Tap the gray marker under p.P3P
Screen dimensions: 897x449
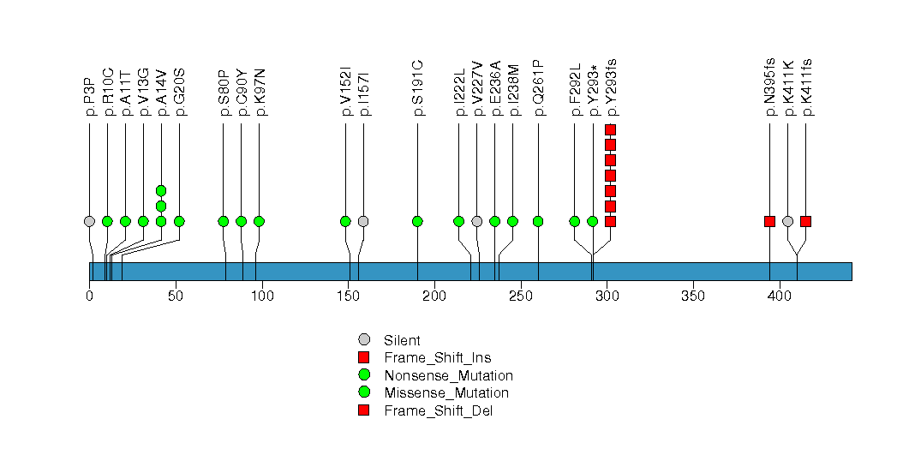tap(89, 221)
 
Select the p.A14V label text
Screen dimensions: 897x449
tap(161, 93)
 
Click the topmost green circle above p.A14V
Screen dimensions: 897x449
tap(161, 190)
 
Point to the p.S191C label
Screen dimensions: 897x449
tap(417, 88)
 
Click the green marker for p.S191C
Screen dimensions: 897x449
tap(417, 221)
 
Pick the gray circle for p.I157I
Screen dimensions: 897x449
tap(363, 221)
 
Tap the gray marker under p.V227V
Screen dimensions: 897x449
tap(477, 221)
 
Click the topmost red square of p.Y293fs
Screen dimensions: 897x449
tap(610, 130)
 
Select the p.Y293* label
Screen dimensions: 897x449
tap(593, 91)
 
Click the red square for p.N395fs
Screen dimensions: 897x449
tap(770, 221)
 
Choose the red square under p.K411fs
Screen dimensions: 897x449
tap(806, 221)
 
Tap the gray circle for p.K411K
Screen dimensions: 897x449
tap(787, 221)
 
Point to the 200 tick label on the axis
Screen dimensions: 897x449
tap(434, 296)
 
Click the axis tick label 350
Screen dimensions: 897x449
tap(693, 296)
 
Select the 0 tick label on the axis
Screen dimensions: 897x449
tap(89, 296)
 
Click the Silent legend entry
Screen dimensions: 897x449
tap(402, 340)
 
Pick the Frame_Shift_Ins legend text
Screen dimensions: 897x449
tap(438, 358)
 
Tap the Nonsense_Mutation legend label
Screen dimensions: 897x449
tap(449, 376)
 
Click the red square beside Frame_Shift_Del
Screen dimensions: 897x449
tap(364, 410)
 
